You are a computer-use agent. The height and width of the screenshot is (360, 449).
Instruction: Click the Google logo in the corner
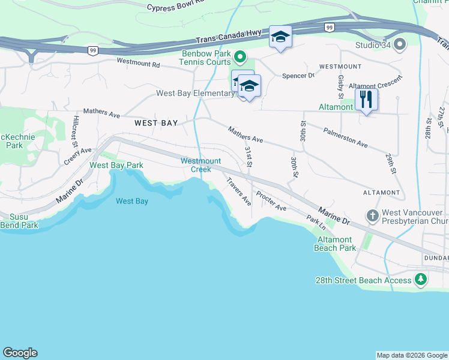point(20,353)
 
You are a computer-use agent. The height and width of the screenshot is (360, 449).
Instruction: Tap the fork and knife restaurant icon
point(366,99)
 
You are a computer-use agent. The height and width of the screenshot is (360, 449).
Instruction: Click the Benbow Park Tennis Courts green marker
point(240,58)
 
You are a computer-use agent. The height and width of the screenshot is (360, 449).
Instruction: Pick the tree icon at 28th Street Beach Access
point(421,280)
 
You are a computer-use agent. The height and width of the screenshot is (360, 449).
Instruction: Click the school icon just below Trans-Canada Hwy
point(280,37)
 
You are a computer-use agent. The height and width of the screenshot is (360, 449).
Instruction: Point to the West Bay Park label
point(116,165)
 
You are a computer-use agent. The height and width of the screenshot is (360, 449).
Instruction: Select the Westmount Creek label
point(201,165)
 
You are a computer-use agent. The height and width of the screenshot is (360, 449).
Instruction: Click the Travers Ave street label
point(239,191)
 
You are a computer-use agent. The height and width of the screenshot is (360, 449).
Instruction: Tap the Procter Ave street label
point(271,201)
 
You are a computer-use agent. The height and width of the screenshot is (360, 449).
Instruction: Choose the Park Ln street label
point(315,223)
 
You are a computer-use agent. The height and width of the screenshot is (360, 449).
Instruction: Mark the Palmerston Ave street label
point(345,137)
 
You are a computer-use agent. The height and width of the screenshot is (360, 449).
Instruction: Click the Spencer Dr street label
point(298,76)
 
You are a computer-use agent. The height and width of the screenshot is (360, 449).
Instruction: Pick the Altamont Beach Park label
point(335,244)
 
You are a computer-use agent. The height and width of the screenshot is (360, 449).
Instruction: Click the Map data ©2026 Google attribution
point(412,355)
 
